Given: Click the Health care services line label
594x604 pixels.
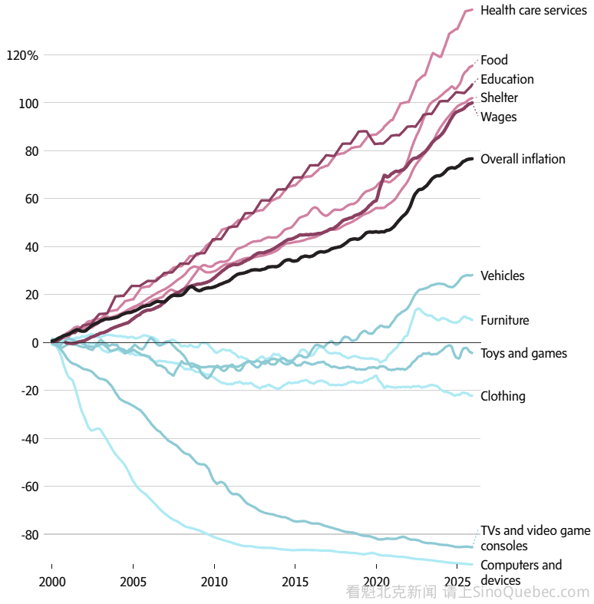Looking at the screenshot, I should pyautogui.click(x=533, y=11).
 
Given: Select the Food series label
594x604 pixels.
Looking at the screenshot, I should pyautogui.click(x=494, y=60).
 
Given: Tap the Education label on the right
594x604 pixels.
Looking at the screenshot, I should pyautogui.click(x=507, y=79).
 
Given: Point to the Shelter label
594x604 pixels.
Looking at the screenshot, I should pyautogui.click(x=499, y=97).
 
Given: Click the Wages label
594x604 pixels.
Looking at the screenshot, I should pyautogui.click(x=498, y=117).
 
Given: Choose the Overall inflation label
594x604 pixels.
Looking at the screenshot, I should pyautogui.click(x=523, y=160).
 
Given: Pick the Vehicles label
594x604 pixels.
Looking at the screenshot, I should pyautogui.click(x=502, y=276).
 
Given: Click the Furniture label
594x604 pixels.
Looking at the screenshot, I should pyautogui.click(x=504, y=320).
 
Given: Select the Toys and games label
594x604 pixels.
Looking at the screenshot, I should pyautogui.click(x=523, y=353).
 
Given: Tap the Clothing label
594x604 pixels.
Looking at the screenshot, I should pyautogui.click(x=503, y=396).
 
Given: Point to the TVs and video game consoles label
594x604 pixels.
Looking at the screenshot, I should pyautogui.click(x=535, y=538).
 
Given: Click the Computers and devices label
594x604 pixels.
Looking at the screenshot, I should pyautogui.click(x=520, y=573).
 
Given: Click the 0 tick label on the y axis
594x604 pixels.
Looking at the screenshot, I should pyautogui.click(x=35, y=343).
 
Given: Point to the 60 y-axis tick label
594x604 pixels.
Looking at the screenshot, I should pyautogui.click(x=31, y=199).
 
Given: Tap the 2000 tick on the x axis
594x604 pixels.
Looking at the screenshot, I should pyautogui.click(x=51, y=580).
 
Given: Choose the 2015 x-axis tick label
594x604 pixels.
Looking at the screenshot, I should pyautogui.click(x=295, y=580).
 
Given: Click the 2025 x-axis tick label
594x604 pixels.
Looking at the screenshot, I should pyautogui.click(x=457, y=580).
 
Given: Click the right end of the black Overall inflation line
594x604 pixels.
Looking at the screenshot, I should pyautogui.click(x=472, y=159).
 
